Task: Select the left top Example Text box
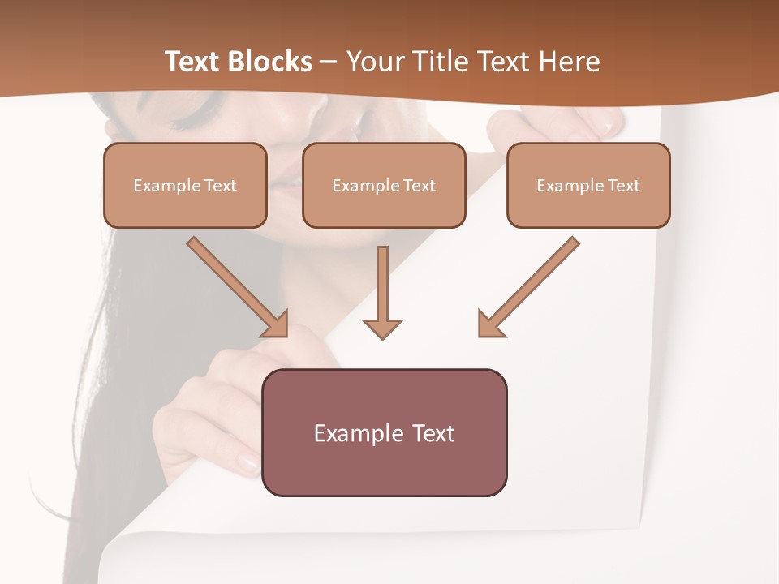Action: click(x=185, y=185)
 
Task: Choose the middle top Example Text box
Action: click(x=384, y=185)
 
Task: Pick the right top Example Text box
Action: click(x=588, y=185)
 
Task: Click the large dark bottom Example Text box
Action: click(x=384, y=432)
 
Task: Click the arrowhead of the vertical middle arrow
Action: click(x=382, y=328)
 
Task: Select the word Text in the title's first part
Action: click(x=194, y=62)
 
